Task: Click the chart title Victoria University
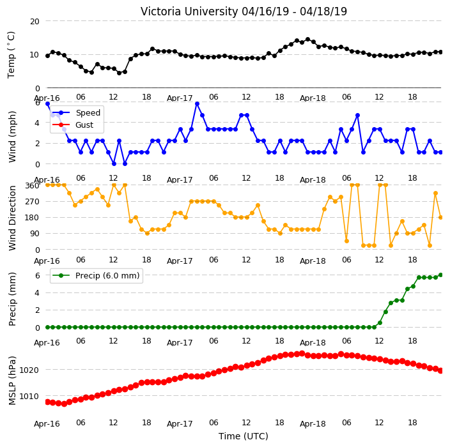coord(189,11)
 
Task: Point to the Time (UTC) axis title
coord(244,436)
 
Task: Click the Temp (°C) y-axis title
coord(12,55)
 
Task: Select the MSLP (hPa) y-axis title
coord(12,381)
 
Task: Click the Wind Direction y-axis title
coord(12,218)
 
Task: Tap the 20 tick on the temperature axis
coord(35,22)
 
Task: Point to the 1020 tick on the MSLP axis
coord(29,370)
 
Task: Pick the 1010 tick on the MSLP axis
coord(29,397)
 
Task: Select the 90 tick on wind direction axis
coord(35,234)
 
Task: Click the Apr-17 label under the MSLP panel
coord(180,424)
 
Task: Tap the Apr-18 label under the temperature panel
coord(313,98)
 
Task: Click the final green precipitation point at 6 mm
coord(441,275)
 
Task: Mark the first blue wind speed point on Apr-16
coord(48,104)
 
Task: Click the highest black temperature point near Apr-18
coord(307,40)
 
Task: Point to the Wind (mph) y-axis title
coord(12,137)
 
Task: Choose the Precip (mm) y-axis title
coord(12,299)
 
